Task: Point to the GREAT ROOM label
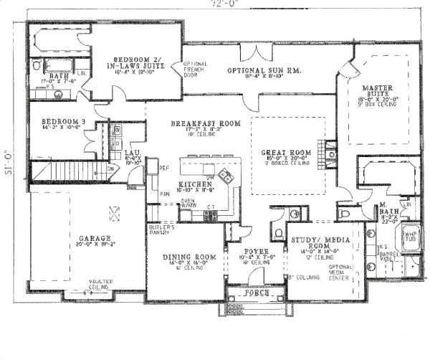tap(285, 153)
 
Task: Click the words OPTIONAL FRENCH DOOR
tap(195, 69)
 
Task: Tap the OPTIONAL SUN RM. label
tap(263, 71)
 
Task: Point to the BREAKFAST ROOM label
tap(205, 124)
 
